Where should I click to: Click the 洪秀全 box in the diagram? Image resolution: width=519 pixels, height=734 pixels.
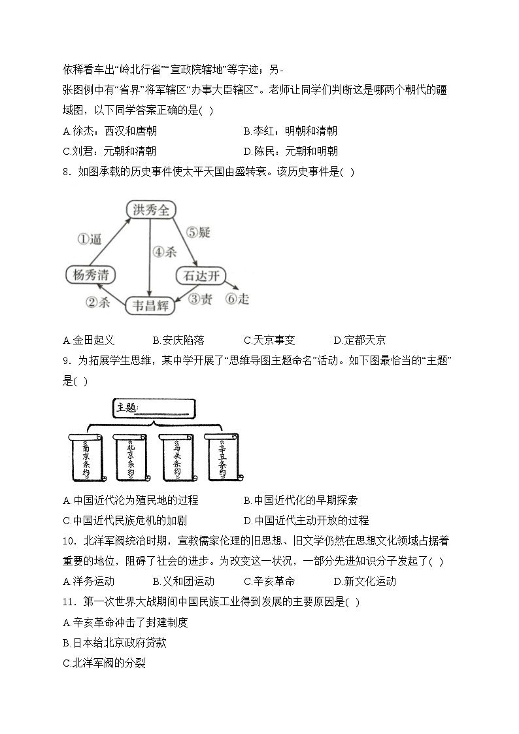(151, 210)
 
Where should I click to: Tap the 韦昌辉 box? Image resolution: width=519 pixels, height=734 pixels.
(151, 305)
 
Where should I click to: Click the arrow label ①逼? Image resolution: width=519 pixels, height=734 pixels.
(90, 239)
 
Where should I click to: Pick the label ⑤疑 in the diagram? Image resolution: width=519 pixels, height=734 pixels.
(198, 232)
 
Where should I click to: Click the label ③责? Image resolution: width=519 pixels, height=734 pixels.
(198, 299)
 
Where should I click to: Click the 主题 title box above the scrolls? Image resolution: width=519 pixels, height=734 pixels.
(154, 409)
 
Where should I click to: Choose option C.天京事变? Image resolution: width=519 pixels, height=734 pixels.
(269, 340)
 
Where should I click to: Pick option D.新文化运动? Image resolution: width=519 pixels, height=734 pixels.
(365, 581)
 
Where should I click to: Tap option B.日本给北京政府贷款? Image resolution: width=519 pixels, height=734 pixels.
(114, 642)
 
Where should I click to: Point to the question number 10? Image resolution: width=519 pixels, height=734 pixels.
(69, 541)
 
